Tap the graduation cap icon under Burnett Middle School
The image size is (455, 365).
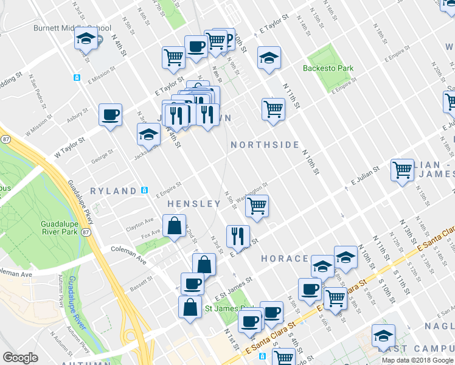[x=86, y=41]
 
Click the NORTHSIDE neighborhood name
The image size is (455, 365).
[x=265, y=145]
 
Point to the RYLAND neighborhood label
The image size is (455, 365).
[x=113, y=191]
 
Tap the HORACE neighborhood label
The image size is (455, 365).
[x=284, y=259]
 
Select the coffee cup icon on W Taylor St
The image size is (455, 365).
[x=111, y=115]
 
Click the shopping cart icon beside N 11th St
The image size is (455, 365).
[x=274, y=110]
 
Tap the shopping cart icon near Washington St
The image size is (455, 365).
[x=257, y=207]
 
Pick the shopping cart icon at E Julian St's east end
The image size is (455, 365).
[x=402, y=171]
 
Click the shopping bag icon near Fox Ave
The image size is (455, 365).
[x=174, y=226]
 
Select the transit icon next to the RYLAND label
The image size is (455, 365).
[x=144, y=190]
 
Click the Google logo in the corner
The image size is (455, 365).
[x=20, y=357]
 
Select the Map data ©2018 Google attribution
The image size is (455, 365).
[x=417, y=360]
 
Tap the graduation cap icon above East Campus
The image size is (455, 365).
[x=383, y=336]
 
